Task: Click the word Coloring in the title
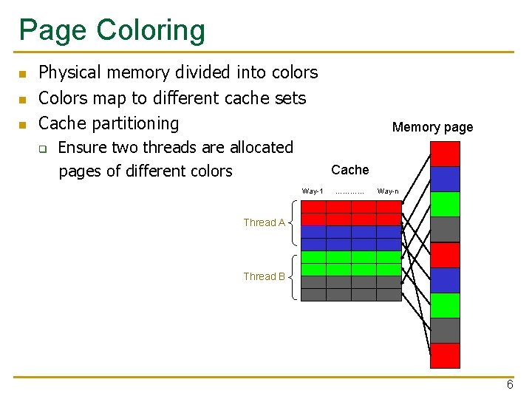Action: tap(149, 31)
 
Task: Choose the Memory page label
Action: tap(432, 127)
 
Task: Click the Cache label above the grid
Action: tap(350, 170)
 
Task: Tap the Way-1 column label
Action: tap(313, 191)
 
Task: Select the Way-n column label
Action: tap(388, 191)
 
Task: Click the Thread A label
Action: tap(264, 222)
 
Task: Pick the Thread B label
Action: tap(264, 276)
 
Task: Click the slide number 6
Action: tap(510, 385)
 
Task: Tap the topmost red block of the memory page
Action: tap(445, 154)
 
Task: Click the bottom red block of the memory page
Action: tap(445, 355)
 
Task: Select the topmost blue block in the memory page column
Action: tap(445, 179)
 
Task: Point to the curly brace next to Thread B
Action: tap(293, 277)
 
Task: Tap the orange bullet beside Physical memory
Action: tap(22, 74)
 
